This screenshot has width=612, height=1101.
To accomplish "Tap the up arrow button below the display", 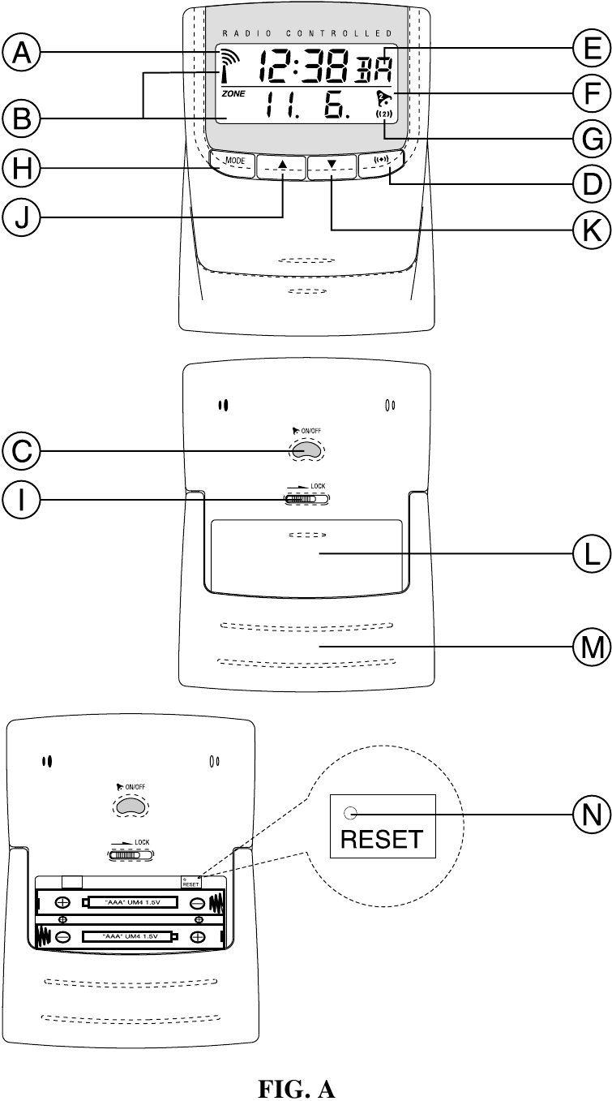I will (x=282, y=166).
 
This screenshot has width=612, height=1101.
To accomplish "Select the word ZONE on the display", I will (x=233, y=94).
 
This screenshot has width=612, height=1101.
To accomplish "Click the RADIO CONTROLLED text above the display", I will (x=307, y=33).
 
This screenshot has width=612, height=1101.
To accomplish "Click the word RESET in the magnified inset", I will (x=383, y=837).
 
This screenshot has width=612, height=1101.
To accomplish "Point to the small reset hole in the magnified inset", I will (x=349, y=813).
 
